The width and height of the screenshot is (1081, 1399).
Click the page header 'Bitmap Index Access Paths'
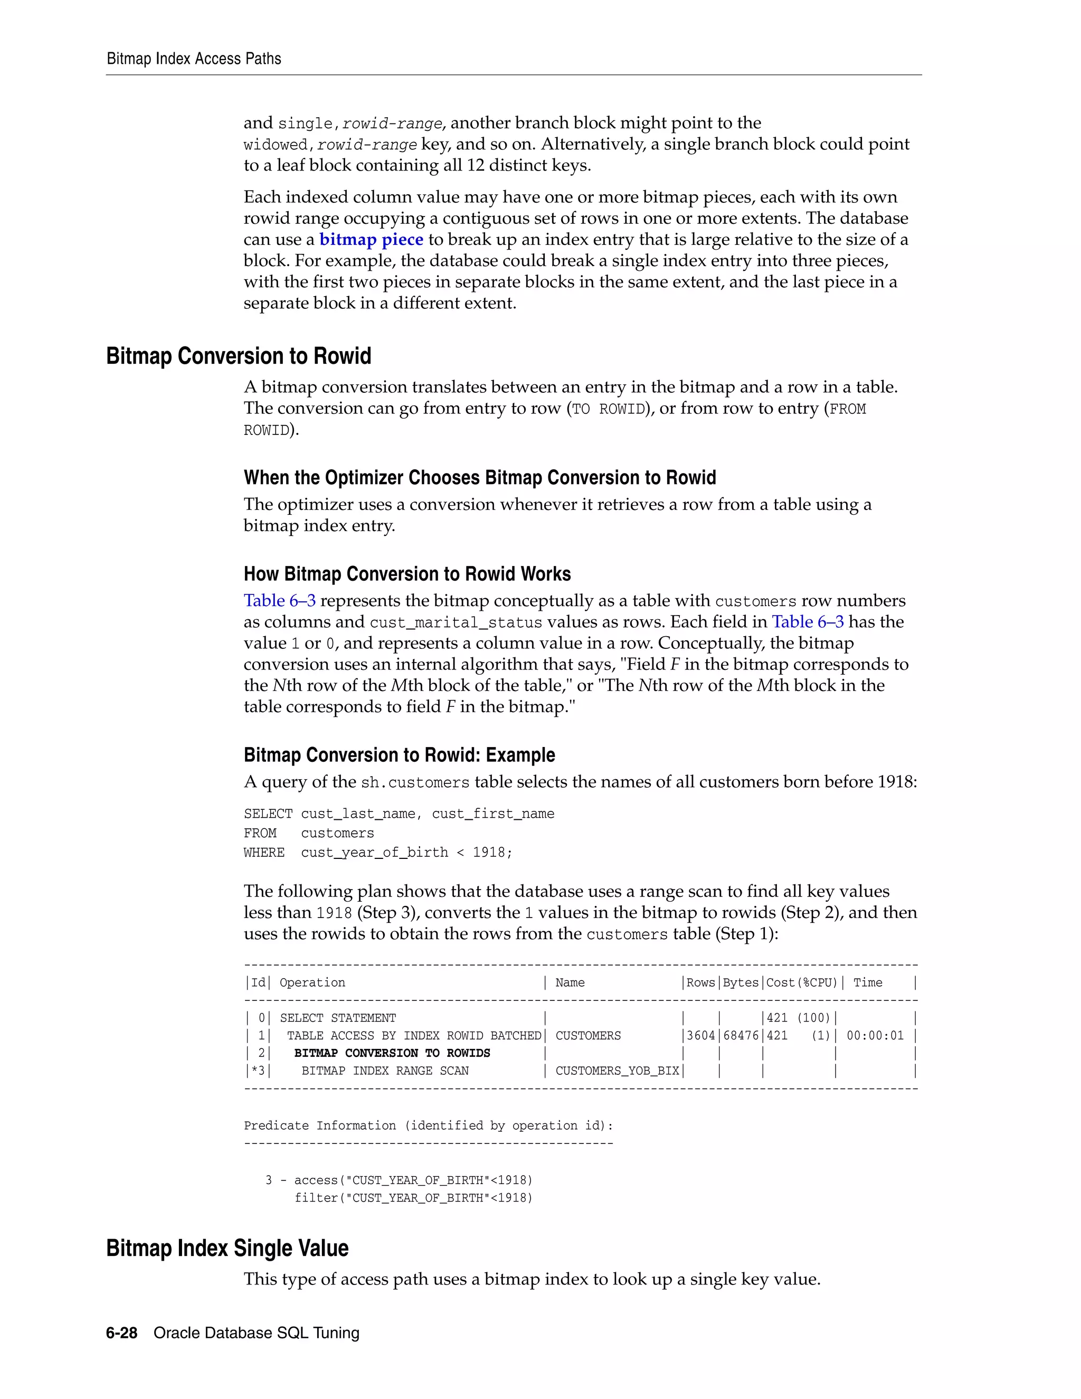coord(193,59)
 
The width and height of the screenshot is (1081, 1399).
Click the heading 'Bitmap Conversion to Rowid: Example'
coord(399,755)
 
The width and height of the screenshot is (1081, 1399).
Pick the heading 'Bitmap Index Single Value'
coord(227,1249)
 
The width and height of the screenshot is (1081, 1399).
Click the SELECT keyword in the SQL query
coord(268,814)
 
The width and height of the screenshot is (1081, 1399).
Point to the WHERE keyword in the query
coord(264,853)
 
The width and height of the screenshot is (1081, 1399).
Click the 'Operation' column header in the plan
coord(312,982)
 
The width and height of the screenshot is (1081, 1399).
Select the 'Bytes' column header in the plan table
coord(741,982)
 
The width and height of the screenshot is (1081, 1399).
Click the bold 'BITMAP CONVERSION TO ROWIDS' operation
coord(392,1053)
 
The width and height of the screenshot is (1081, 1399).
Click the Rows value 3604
coord(700,1036)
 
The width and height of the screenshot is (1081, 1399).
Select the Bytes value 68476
coord(741,1036)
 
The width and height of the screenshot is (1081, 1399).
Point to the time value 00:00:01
coord(875,1036)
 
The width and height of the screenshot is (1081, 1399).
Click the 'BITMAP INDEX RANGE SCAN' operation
coord(385,1071)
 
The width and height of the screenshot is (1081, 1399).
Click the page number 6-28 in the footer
coord(122,1333)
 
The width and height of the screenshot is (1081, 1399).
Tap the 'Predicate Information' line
coord(428,1126)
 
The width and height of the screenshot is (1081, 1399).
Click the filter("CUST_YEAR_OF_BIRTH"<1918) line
coord(413,1198)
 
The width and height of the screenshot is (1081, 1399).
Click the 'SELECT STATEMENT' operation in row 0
coord(337,1018)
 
